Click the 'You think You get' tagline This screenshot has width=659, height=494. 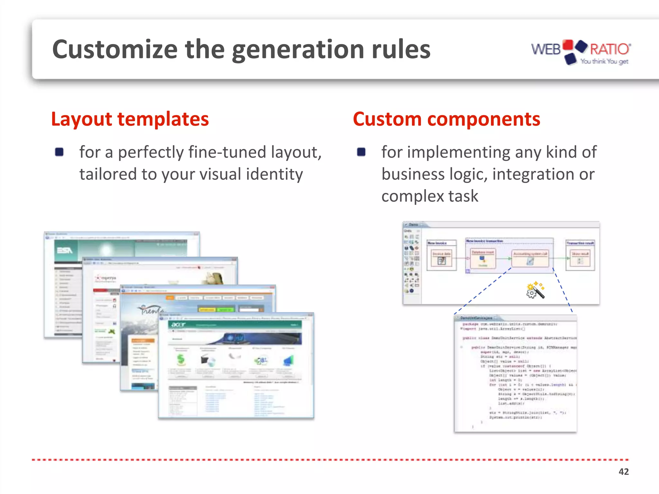click(x=604, y=61)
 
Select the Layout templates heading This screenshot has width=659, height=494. click(x=130, y=119)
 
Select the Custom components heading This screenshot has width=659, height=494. click(x=446, y=119)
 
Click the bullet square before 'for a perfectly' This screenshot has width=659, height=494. click(x=59, y=152)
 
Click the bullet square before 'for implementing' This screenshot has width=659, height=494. click(x=361, y=152)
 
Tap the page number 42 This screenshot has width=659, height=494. click(x=623, y=471)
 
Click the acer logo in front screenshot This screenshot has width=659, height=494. click(x=178, y=325)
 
